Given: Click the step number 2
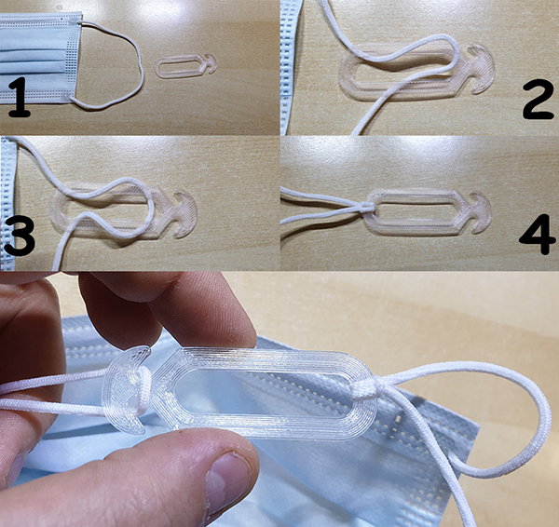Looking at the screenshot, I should click(x=538, y=99).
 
